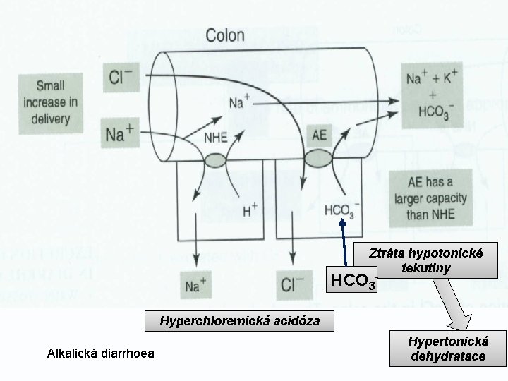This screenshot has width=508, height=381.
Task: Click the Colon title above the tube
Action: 225,35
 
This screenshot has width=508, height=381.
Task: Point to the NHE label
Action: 215,138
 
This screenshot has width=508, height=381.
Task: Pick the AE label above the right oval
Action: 319,133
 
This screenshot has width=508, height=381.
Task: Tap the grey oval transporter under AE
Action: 317,156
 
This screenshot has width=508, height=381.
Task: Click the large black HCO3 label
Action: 353,281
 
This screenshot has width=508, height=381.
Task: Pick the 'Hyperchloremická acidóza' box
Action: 239,321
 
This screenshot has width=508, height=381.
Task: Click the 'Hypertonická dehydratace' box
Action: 448,349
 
